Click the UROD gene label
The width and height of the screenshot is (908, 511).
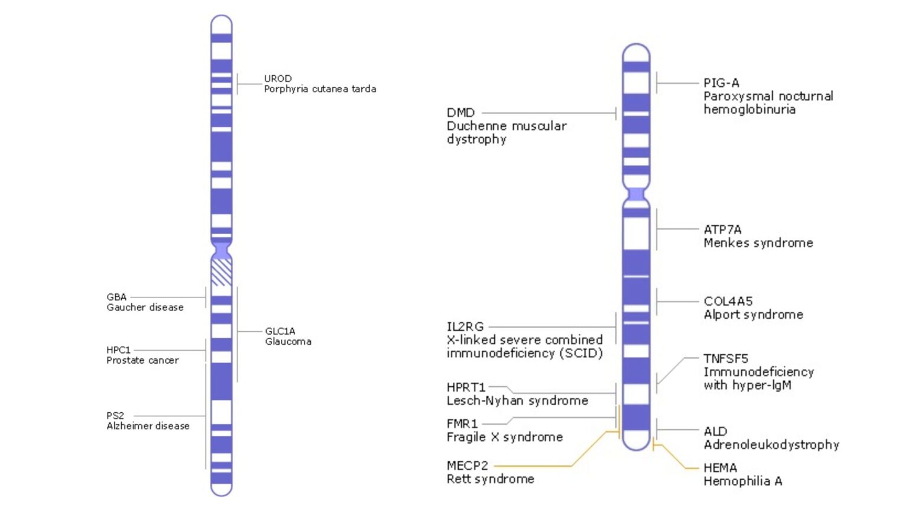click(x=277, y=79)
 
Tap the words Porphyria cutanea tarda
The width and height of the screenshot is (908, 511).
click(x=320, y=89)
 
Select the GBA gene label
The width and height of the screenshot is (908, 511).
click(x=116, y=297)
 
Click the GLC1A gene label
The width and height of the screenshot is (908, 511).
click(x=280, y=331)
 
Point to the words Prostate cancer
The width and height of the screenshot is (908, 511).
click(x=142, y=360)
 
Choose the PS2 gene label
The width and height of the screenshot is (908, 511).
click(x=115, y=416)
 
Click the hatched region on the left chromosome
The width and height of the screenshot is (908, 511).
click(x=222, y=272)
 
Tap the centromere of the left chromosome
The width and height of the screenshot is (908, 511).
click(x=222, y=248)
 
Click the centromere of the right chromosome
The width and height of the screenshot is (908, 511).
click(x=636, y=195)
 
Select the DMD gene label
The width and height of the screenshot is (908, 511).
click(x=461, y=112)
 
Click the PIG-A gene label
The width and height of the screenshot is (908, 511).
click(x=721, y=83)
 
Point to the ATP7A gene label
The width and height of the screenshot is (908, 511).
click(x=722, y=229)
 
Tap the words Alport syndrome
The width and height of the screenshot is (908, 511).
click(x=753, y=315)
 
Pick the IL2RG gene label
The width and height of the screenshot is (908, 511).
click(x=465, y=326)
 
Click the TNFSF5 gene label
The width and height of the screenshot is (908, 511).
click(x=726, y=358)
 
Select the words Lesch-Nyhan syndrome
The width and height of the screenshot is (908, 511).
click(x=517, y=401)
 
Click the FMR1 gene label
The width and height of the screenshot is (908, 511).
click(x=462, y=423)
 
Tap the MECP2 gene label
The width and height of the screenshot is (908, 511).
click(x=468, y=465)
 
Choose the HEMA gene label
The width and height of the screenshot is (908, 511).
click(x=720, y=468)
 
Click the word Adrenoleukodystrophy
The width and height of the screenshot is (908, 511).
click(x=771, y=445)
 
